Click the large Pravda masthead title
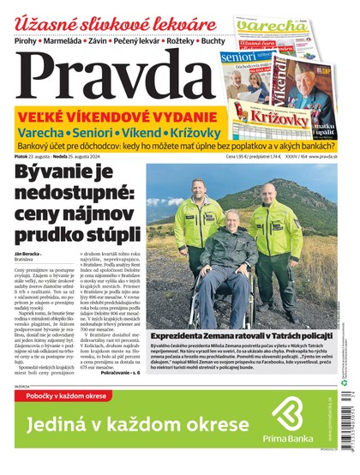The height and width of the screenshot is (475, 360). tap(111, 74)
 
